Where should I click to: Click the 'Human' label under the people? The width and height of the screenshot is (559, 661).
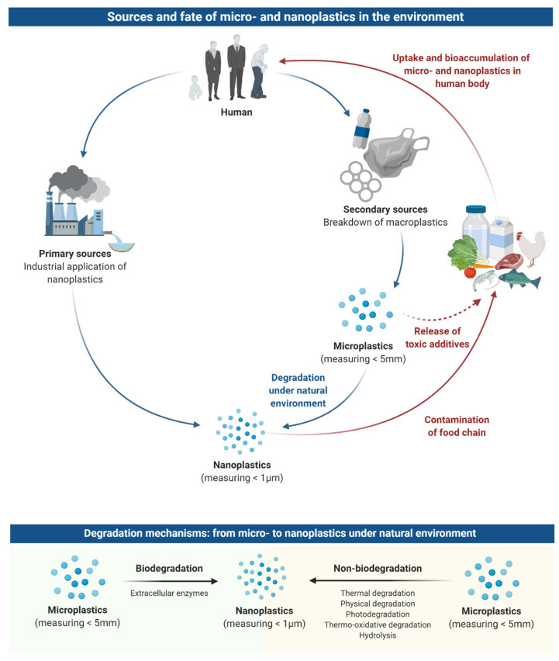222,110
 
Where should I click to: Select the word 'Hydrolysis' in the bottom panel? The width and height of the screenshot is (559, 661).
378,635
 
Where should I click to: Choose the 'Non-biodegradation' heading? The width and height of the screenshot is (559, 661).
378,569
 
